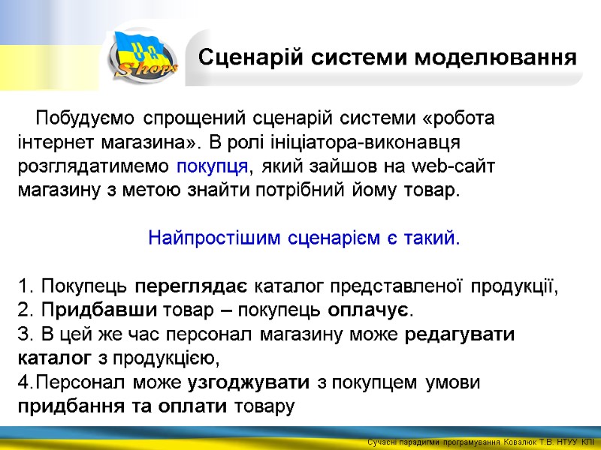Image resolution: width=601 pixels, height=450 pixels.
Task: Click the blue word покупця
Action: click(211, 166)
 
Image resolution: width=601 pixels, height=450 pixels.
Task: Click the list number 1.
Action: click(25, 286)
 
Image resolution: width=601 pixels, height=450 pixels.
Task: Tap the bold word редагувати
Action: click(460, 334)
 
